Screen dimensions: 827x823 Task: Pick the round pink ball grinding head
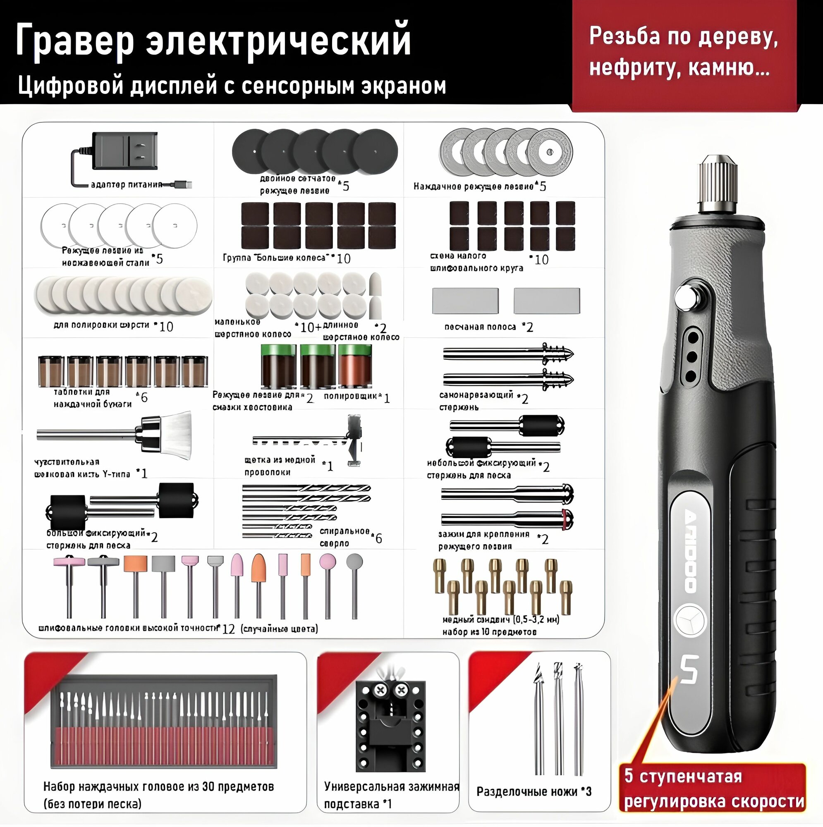[x=328, y=561]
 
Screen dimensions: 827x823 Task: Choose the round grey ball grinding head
[x=354, y=561]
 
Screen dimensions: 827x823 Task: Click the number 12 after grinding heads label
[x=229, y=629]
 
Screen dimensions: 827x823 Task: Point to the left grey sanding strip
[x=465, y=301]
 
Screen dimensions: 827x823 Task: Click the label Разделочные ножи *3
[x=534, y=792]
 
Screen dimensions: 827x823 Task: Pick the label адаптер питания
[x=127, y=184]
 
